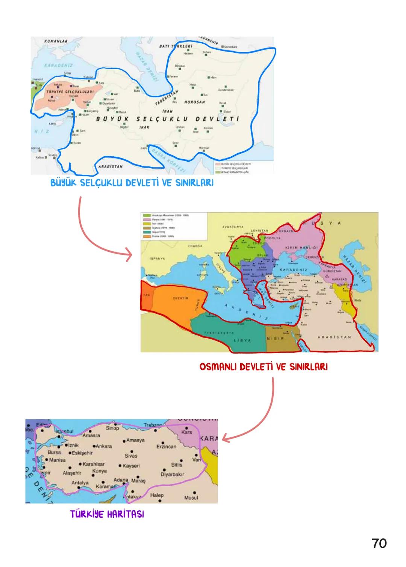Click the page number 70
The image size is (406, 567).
379,543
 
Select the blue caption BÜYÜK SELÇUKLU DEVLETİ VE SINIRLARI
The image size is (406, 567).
132,184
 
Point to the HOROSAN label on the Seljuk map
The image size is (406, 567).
195,102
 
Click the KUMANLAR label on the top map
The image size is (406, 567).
55,41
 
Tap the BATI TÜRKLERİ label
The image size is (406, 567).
176,46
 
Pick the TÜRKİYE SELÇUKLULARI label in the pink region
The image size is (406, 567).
64,92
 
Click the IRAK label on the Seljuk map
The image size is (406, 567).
144,127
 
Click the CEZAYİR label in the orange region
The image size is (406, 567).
180,298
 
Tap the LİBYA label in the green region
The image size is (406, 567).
242,340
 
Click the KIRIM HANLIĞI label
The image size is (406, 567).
302,248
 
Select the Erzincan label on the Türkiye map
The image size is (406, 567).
166,447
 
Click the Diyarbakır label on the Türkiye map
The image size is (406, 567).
172,474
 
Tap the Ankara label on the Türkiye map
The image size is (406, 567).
103,446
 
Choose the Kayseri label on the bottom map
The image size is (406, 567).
131,466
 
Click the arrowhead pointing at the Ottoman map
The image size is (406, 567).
130,257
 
